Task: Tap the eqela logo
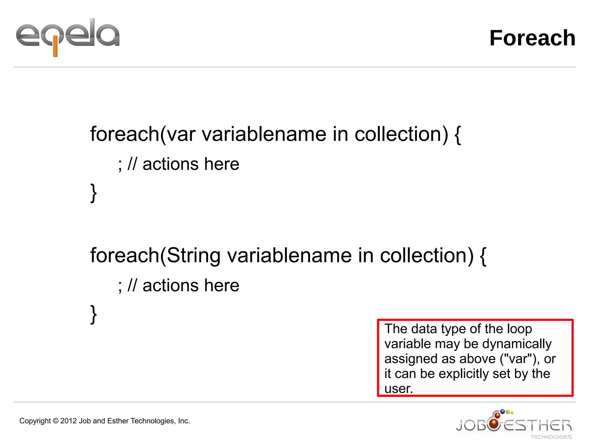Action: pyautogui.click(x=68, y=36)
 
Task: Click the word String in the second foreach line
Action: pyautogui.click(x=194, y=255)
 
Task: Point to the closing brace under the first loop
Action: pyautogui.click(x=93, y=193)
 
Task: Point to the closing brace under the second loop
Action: pyautogui.click(x=93, y=314)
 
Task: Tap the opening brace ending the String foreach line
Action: pyautogui.click(x=482, y=256)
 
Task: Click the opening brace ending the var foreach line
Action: pyautogui.click(x=457, y=135)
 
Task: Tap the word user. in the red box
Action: pyautogui.click(x=399, y=389)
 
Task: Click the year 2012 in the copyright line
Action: pyautogui.click(x=68, y=421)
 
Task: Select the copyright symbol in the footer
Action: pyautogui.click(x=55, y=421)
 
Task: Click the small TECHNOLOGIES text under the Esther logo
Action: pyautogui.click(x=551, y=437)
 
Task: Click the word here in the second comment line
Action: pyautogui.click(x=222, y=285)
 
